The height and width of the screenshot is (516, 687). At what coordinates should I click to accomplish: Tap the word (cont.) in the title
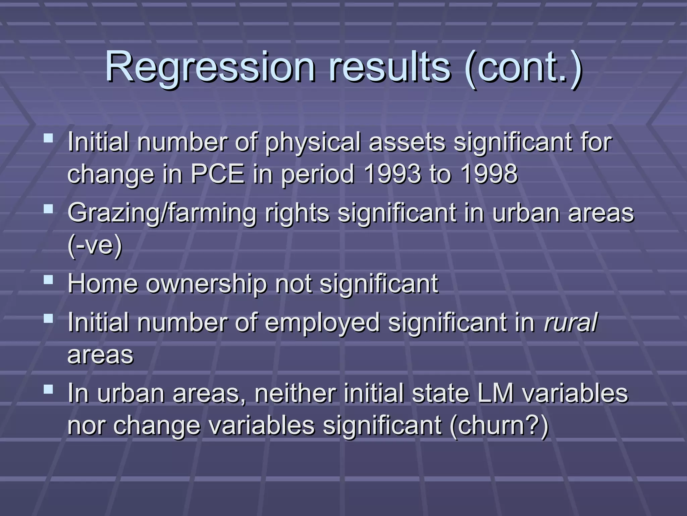coord(524,67)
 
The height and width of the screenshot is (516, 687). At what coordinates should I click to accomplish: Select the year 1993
coord(392,174)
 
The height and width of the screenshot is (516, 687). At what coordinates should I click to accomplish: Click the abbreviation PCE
coord(218,174)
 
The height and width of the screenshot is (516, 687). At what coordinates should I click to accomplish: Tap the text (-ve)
coord(95,245)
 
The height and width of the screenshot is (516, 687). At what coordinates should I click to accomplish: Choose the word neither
coord(295,393)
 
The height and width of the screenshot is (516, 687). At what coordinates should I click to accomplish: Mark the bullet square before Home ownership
coord(49,280)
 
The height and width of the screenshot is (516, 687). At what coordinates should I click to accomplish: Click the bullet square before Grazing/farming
coord(49,209)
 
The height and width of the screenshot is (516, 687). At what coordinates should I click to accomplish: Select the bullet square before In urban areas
coord(49,389)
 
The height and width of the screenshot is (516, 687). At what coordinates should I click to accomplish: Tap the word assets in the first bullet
coord(407,142)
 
